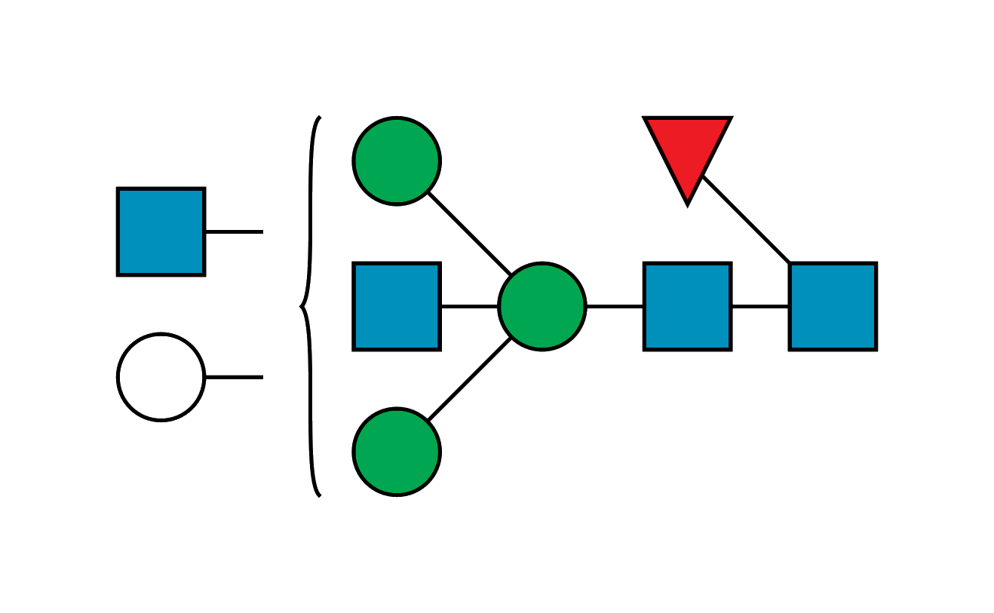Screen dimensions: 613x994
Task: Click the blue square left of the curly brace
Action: coord(161,231)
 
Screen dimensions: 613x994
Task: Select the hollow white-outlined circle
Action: coord(161,376)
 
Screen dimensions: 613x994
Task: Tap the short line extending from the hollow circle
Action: coord(235,375)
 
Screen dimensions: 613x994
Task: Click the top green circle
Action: coord(396,161)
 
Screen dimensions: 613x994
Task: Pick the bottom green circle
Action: coord(396,452)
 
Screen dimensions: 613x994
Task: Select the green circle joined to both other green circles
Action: coord(541,306)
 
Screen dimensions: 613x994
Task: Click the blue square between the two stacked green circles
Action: coord(396,306)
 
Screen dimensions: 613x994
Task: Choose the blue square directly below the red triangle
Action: coord(687,306)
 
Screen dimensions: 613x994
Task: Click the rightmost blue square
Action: coord(833,306)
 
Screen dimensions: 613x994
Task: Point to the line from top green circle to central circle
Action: coord(469,233)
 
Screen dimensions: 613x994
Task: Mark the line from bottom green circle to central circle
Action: coord(469,379)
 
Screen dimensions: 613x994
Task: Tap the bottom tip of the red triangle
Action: coord(687,204)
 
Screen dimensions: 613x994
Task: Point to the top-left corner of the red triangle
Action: coord(644,118)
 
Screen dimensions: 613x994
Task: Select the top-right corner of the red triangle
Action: coord(731,118)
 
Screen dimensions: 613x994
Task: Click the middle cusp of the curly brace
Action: coord(301,306)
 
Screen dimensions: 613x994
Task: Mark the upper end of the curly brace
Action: coord(321,118)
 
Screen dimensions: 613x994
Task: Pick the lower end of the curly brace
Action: coord(321,495)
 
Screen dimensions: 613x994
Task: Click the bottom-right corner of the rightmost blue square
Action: coord(876,350)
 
